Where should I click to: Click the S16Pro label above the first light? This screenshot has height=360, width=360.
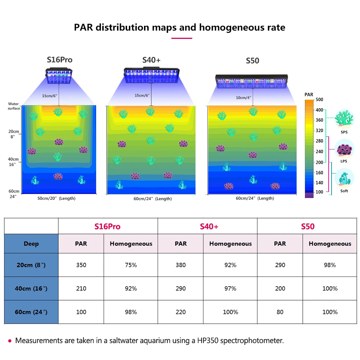[x=59, y=60]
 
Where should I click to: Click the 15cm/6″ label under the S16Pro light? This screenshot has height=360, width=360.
[x=50, y=96]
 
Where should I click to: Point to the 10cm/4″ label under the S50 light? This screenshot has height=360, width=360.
[x=244, y=98]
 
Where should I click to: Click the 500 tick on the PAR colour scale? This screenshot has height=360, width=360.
[x=319, y=99]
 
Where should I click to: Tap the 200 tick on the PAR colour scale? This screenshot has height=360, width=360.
[x=319, y=162]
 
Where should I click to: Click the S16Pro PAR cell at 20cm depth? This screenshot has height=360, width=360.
[x=81, y=265]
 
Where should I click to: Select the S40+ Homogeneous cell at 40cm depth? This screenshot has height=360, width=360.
[x=230, y=288]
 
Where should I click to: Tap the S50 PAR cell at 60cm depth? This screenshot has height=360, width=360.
[x=280, y=312]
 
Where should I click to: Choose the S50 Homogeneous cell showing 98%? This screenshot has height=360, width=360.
[x=330, y=265]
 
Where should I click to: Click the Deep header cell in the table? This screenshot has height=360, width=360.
[x=31, y=244]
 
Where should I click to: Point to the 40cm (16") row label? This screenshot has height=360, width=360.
[x=32, y=288]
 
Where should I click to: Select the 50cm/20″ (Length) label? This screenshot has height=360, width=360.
[x=57, y=198]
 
